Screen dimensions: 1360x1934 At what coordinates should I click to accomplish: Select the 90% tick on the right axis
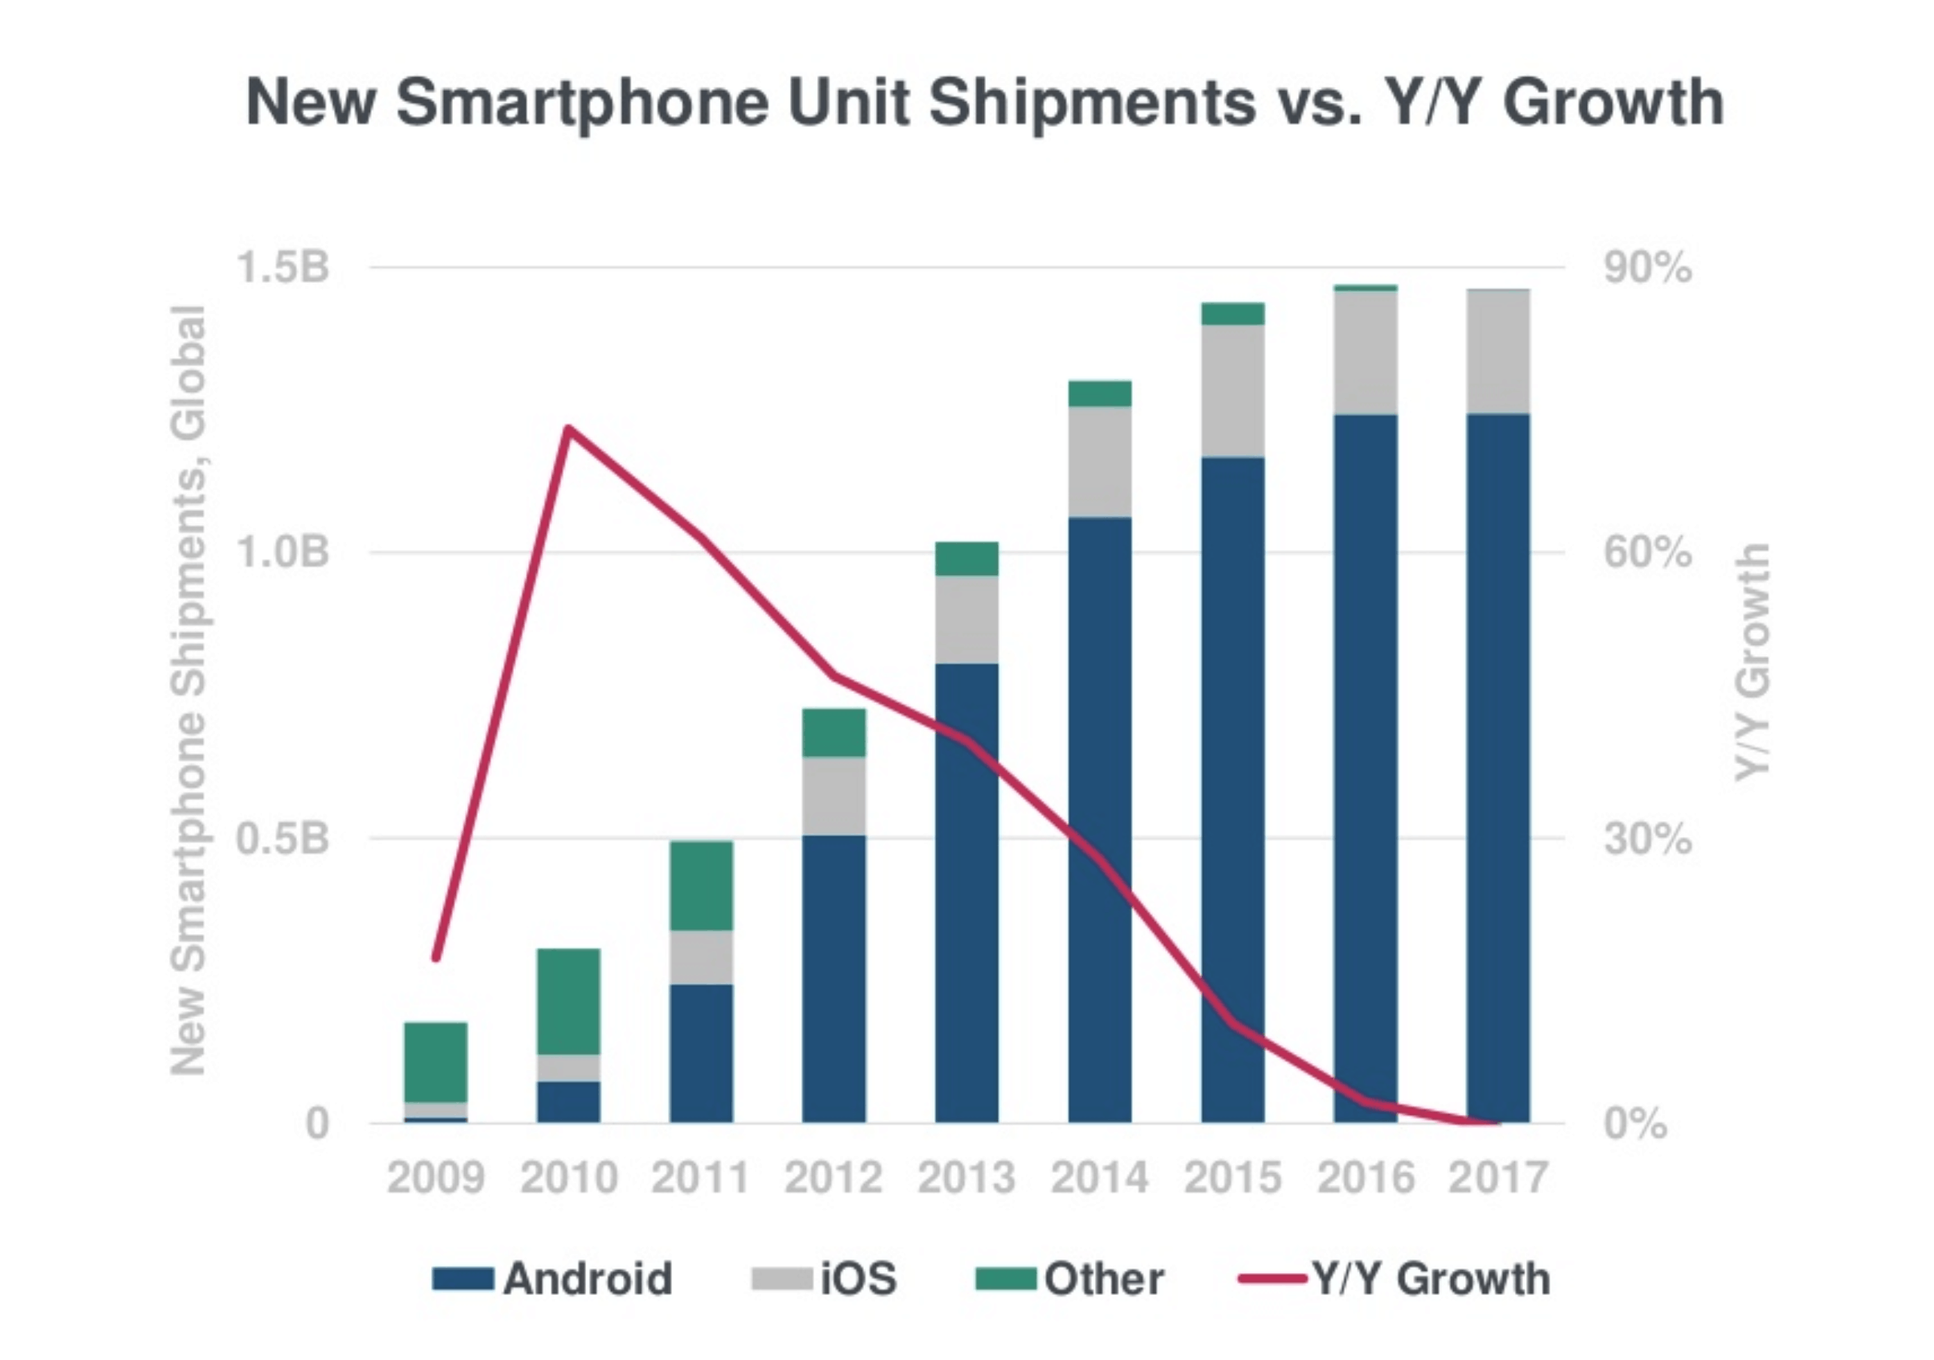point(1647,268)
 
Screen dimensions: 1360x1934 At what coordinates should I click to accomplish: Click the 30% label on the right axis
point(1647,839)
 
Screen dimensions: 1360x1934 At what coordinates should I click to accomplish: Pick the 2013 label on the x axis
point(966,1177)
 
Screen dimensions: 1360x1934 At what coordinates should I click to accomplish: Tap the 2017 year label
point(1498,1177)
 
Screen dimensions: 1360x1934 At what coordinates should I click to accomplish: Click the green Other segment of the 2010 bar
point(568,1001)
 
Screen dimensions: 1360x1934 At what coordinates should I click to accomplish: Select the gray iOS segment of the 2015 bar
point(1232,390)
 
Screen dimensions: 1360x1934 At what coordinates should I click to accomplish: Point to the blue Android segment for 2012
point(833,978)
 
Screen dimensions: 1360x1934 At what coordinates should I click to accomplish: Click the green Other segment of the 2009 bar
point(435,1062)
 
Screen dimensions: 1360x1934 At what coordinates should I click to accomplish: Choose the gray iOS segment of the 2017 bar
point(1498,351)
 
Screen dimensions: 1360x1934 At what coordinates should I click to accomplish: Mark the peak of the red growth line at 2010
point(568,429)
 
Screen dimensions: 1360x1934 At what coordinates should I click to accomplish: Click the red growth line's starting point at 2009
point(435,958)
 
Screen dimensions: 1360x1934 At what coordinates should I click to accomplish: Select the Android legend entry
point(552,1279)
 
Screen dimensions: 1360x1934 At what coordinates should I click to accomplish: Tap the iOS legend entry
point(824,1279)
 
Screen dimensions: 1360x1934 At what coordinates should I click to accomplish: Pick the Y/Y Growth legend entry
point(1394,1279)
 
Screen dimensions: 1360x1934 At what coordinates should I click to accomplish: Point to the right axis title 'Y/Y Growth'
point(1752,661)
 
